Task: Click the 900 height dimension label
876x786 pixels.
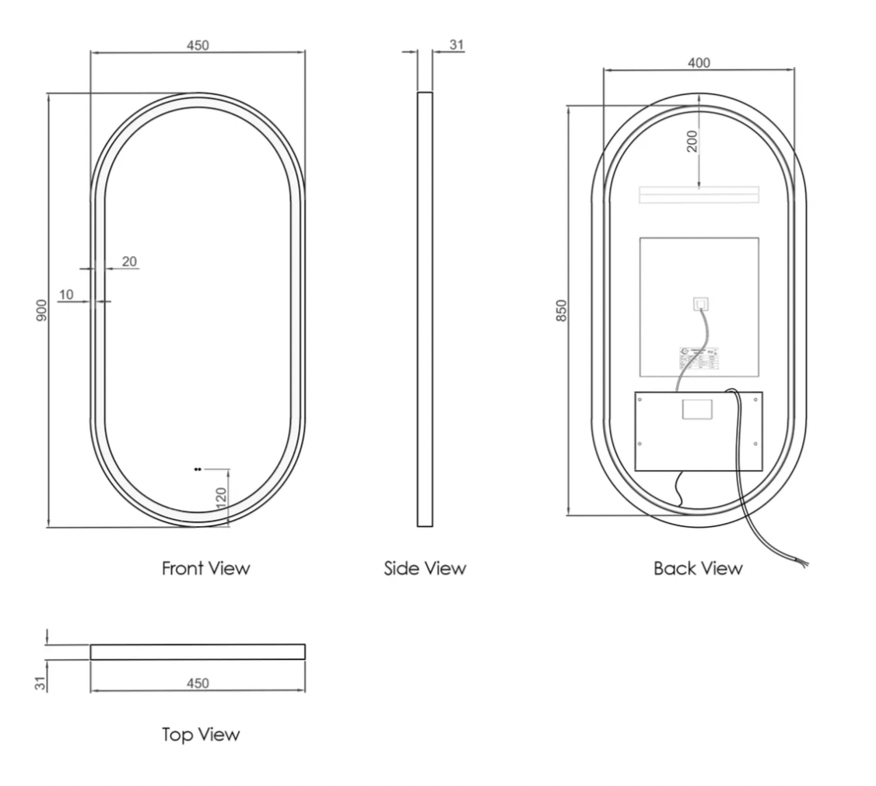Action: click(43, 310)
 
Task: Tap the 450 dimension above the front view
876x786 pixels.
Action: click(198, 45)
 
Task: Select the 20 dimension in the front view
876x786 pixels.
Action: click(129, 261)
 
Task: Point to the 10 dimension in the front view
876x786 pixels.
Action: click(66, 294)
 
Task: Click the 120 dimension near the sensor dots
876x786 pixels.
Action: click(220, 497)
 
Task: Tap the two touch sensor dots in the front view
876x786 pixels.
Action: click(198, 469)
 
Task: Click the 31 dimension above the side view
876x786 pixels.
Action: click(457, 45)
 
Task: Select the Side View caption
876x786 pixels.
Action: click(425, 569)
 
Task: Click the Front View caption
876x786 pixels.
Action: click(206, 569)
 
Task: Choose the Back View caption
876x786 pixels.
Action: click(698, 569)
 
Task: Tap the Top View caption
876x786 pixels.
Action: click(201, 735)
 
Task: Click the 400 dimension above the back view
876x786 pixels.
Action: click(699, 63)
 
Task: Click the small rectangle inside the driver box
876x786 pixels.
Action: click(696, 409)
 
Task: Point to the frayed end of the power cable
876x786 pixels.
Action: click(801, 560)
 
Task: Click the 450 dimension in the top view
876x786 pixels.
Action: click(198, 683)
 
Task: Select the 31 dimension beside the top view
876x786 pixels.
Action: click(43, 681)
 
